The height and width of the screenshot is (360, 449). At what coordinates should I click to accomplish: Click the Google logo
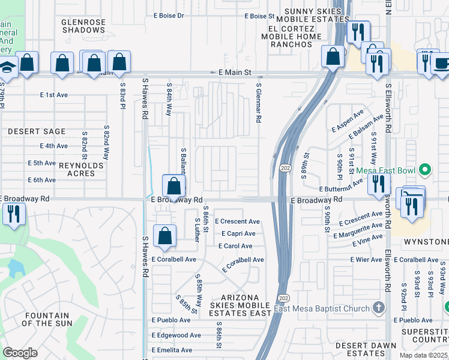[20, 353]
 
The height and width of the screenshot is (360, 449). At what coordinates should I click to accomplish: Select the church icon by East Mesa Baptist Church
[378, 308]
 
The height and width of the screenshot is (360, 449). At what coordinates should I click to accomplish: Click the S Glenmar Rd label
[258, 103]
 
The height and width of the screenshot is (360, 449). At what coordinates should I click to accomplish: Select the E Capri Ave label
[238, 233]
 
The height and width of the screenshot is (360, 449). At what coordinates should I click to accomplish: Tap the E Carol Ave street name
[235, 246]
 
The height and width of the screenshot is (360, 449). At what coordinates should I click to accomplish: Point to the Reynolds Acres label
[77, 169]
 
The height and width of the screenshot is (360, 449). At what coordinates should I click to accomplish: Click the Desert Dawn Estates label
[366, 349]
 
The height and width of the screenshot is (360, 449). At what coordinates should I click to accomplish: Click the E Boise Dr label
[169, 16]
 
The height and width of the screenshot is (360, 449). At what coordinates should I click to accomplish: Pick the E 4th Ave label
[54, 146]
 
